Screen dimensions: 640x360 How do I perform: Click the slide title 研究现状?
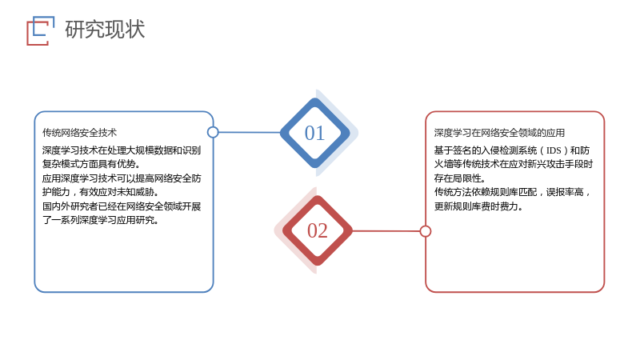(x=105, y=30)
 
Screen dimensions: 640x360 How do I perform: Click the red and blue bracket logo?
(x=41, y=30)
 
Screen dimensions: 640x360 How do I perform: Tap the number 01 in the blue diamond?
(x=314, y=133)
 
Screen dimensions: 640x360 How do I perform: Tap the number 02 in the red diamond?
(x=317, y=230)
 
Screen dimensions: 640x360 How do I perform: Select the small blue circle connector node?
(x=213, y=132)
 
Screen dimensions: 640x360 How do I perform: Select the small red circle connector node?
(x=426, y=231)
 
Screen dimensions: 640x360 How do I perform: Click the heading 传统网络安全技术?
(x=79, y=133)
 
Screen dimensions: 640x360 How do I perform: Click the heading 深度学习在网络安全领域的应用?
(x=499, y=133)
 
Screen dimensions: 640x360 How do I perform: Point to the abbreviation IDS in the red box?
(x=554, y=150)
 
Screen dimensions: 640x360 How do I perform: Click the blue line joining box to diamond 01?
(x=250, y=132)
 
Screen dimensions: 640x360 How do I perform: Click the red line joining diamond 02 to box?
(x=386, y=231)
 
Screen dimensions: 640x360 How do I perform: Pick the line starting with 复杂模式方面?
(x=91, y=164)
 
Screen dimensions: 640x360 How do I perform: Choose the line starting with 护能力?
(x=101, y=192)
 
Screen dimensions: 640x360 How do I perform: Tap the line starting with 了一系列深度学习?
(x=101, y=220)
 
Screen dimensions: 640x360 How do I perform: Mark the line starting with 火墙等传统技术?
(x=514, y=164)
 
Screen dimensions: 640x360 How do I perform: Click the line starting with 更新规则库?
(x=478, y=206)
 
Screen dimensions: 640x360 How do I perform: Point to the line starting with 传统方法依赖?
(x=513, y=192)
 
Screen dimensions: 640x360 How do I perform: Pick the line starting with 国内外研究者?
(x=122, y=206)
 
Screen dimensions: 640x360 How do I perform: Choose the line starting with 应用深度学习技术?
(x=122, y=178)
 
